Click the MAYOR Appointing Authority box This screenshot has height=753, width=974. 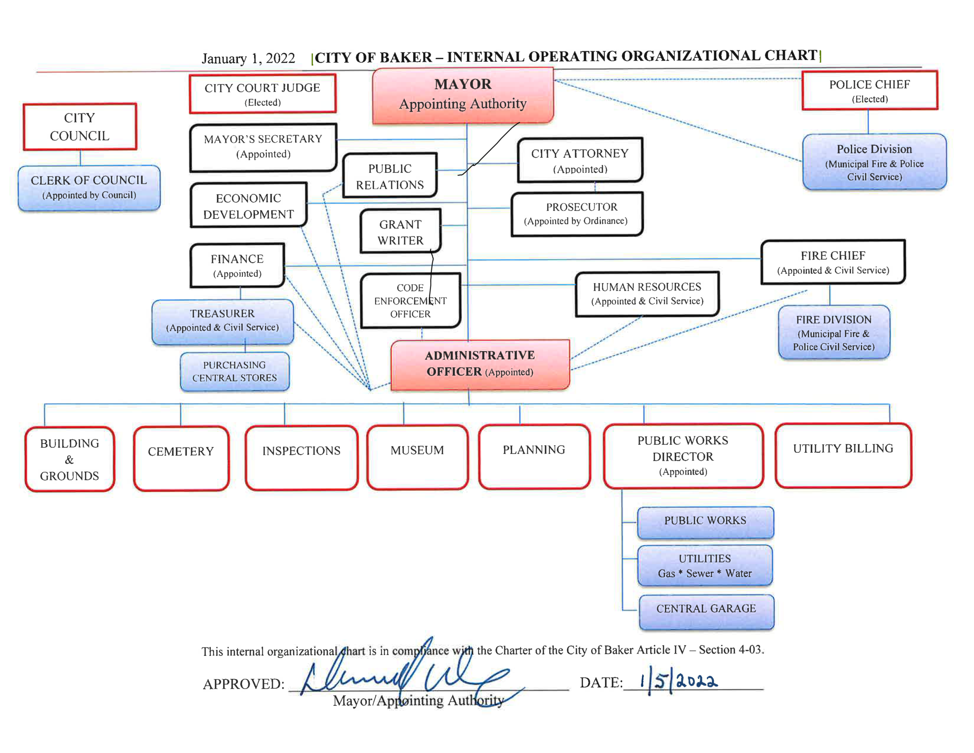[463, 95]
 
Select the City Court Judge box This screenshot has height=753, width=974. [263, 94]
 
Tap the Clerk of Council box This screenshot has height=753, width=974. [89, 187]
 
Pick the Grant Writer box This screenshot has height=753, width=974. [400, 232]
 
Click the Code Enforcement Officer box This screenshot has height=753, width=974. [410, 301]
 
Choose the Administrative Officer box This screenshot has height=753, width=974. [480, 364]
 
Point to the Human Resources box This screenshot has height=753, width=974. [647, 293]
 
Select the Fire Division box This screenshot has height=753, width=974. [834, 332]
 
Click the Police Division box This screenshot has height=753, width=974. [874, 162]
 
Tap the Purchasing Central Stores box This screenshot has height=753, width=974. [234, 372]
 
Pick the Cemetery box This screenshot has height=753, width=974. [181, 458]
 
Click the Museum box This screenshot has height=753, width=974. [417, 457]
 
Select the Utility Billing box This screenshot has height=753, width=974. [843, 455]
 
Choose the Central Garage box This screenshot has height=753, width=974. [706, 611]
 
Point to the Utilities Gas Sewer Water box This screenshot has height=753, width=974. [705, 566]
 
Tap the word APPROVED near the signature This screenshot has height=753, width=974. [243, 684]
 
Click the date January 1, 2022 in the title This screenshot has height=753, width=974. [248, 59]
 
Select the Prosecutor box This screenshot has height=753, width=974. [576, 214]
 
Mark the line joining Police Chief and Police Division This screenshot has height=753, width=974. [868, 122]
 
